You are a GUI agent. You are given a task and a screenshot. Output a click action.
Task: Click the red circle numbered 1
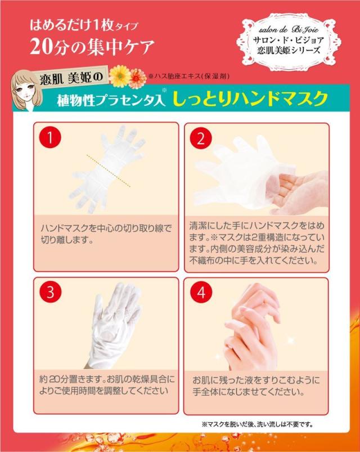pyautogui.click(x=50, y=137)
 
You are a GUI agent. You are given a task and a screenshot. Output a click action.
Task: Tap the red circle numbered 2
pyautogui.click(x=201, y=138)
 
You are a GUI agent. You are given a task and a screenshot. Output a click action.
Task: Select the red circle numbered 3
pyautogui.click(x=51, y=292)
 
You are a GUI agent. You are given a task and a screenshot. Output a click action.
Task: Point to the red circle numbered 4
pyautogui.click(x=201, y=292)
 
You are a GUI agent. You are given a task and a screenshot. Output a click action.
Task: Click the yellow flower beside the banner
pyautogui.click(x=118, y=75)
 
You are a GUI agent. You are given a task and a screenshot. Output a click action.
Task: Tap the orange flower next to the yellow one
pyautogui.click(x=137, y=78)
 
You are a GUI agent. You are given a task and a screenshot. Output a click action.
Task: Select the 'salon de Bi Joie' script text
pyautogui.click(x=289, y=30)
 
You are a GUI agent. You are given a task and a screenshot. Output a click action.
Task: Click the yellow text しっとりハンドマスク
pyautogui.click(x=250, y=99)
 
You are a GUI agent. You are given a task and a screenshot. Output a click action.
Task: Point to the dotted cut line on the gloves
pyautogui.click(x=109, y=171)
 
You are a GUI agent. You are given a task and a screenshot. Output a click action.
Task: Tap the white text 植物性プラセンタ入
pyautogui.click(x=111, y=100)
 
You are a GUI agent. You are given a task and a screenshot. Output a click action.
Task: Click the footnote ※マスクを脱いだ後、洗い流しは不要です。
pyautogui.click(x=257, y=424)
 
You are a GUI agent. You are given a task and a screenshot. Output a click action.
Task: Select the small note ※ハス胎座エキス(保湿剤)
pyautogui.click(x=188, y=77)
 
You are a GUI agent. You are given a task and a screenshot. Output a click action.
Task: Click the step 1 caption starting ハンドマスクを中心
pyautogui.click(x=106, y=234)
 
